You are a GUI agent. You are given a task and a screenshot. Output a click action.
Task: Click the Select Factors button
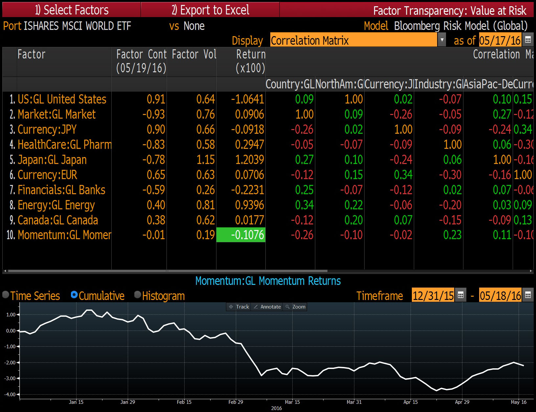72,10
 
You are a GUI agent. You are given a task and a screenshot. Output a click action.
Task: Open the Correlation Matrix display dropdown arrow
442,40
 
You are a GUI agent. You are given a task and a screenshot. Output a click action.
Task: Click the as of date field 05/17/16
500,40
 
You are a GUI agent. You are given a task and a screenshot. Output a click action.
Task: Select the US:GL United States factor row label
62,99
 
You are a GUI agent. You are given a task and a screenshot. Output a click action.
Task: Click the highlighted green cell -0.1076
241,235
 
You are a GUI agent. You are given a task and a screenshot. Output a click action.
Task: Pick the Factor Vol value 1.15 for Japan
206,160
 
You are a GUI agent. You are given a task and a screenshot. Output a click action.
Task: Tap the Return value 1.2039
249,160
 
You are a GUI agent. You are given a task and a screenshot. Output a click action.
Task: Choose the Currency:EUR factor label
47,175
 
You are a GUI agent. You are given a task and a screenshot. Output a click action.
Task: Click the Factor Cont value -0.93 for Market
154,114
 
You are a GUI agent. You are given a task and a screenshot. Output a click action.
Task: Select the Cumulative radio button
74,295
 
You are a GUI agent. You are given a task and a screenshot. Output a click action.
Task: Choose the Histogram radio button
138,295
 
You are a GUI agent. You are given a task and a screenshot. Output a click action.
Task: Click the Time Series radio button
6,295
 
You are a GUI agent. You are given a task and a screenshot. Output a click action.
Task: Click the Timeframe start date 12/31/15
433,295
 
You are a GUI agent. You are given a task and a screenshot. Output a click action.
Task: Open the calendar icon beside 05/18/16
528,295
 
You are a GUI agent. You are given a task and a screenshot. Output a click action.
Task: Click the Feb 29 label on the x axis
235,402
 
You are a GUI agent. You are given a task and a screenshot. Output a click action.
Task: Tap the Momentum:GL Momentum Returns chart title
268,281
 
